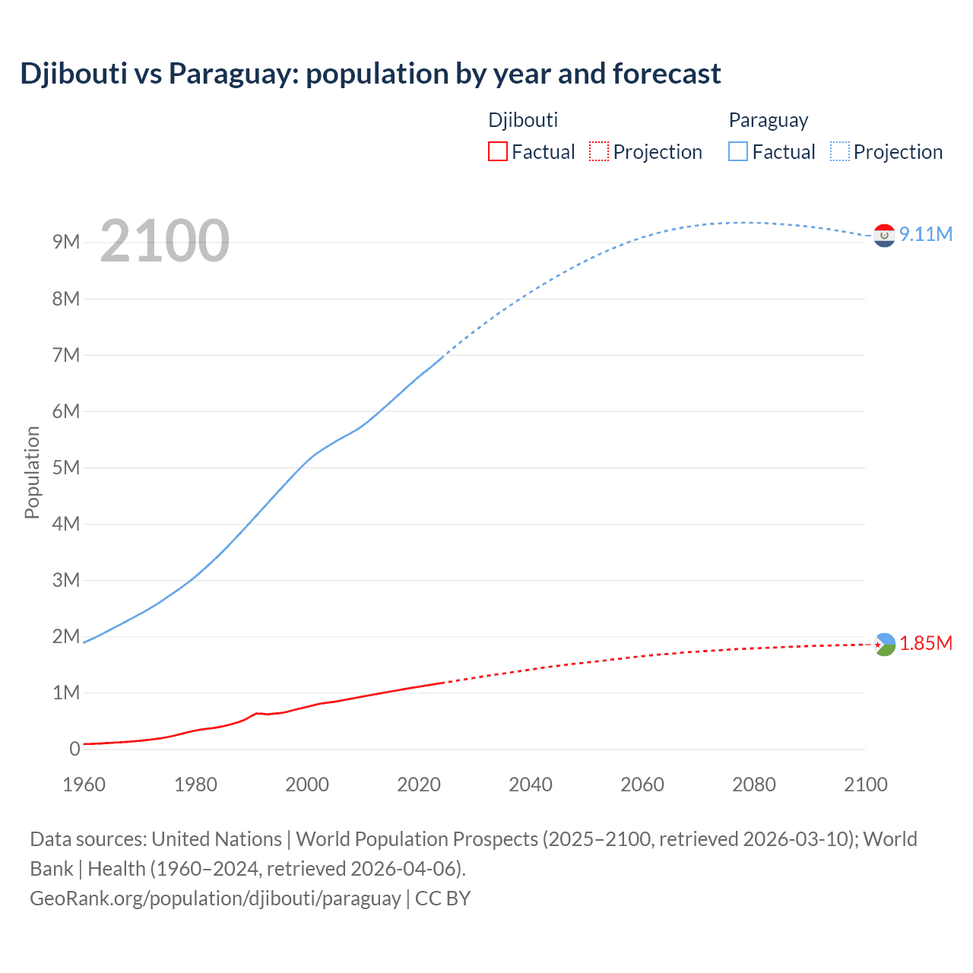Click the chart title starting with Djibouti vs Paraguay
click(x=370, y=74)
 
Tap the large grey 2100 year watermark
click(x=164, y=241)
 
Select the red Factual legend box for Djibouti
click(x=498, y=152)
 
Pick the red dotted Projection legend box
click(x=599, y=152)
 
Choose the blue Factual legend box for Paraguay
click(x=738, y=152)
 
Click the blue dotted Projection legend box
click(x=839, y=152)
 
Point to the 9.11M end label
click(x=925, y=234)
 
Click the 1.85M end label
click(x=925, y=644)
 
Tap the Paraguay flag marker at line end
click(x=884, y=236)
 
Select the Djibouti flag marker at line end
click(x=884, y=645)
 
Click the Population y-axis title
click(x=32, y=472)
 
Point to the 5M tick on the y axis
click(x=66, y=467)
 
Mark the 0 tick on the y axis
click(x=74, y=749)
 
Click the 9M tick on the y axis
click(x=66, y=242)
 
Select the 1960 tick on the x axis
click(x=84, y=784)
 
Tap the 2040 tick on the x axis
click(x=531, y=784)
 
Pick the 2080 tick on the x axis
click(x=754, y=784)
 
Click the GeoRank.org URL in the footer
click(x=215, y=899)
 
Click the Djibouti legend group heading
click(x=523, y=120)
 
